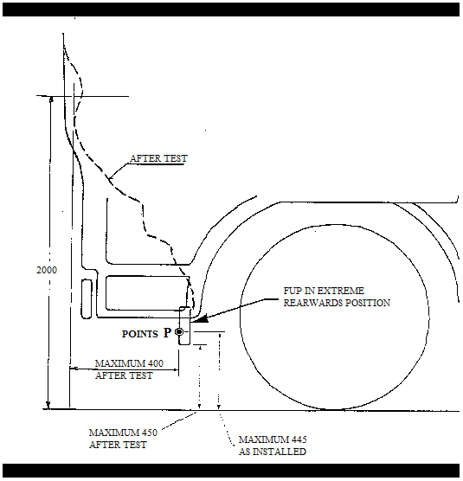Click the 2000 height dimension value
click(47, 270)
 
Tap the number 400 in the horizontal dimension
click(155, 363)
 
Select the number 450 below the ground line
click(150, 433)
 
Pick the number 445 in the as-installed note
click(299, 439)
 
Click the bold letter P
click(167, 332)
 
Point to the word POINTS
click(140, 334)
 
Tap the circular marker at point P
click(179, 332)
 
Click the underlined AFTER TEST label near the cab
click(158, 158)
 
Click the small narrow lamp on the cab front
click(87, 298)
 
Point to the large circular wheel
click(334, 317)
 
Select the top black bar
click(231, 10)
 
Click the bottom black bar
click(231, 471)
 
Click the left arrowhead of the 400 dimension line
click(73, 369)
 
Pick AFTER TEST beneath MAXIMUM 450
click(118, 446)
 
